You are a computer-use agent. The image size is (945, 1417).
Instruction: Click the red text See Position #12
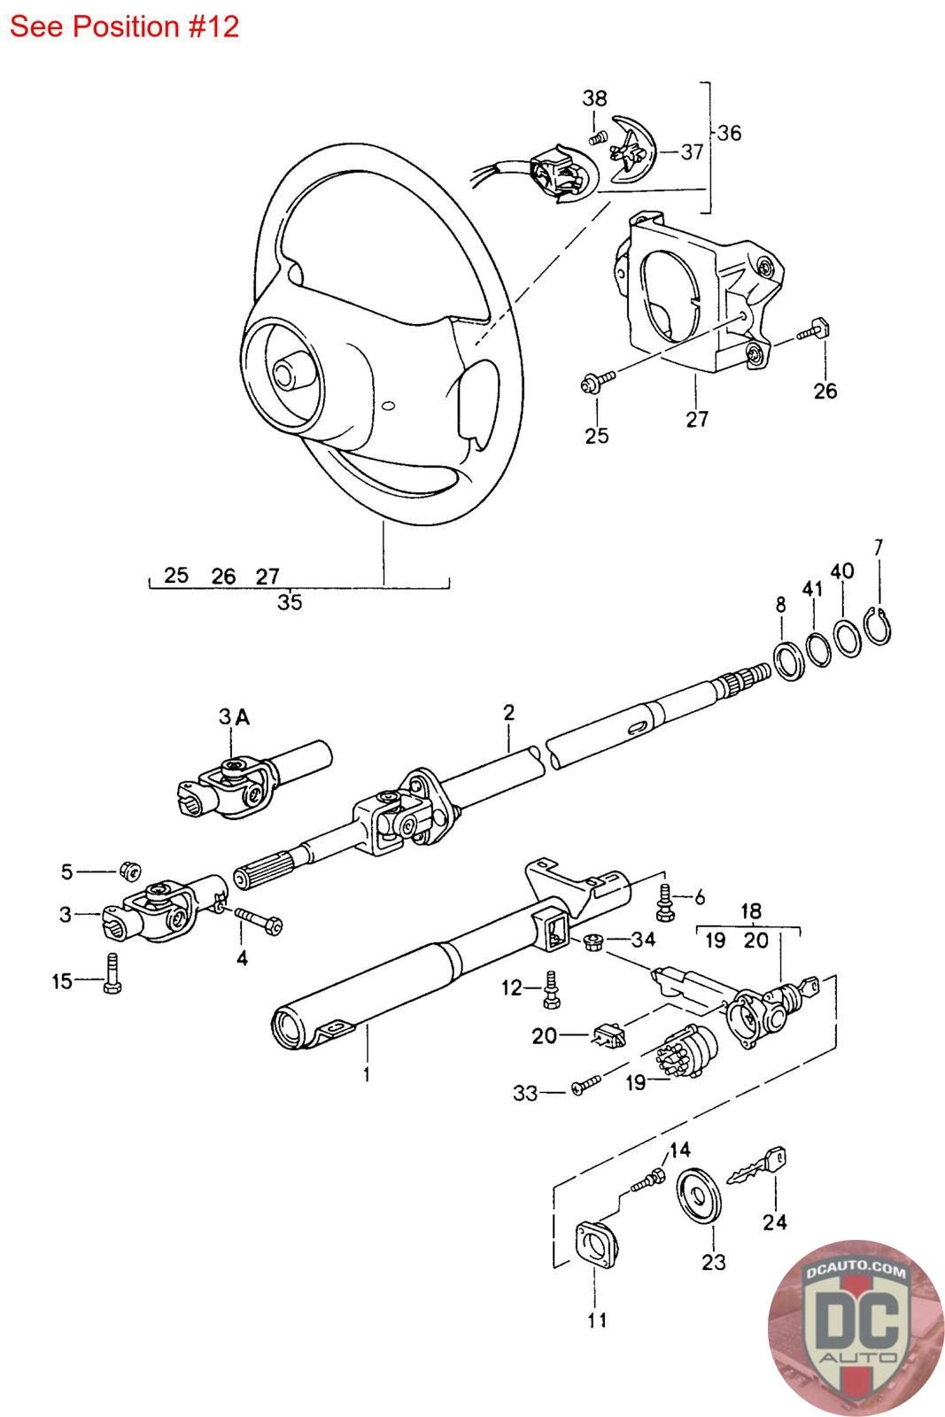point(124,27)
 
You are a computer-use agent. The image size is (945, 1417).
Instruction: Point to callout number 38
point(594,98)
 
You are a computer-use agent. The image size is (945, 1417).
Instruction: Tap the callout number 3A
point(234,717)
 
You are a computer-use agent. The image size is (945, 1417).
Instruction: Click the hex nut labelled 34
point(594,941)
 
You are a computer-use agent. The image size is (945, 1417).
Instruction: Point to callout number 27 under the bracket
point(697,418)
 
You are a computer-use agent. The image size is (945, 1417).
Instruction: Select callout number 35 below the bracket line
point(290,602)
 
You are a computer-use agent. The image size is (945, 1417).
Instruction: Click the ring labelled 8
point(787,660)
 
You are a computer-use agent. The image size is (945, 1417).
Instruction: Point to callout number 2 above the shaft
point(507,713)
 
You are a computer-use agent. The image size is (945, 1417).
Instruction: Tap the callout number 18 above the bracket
point(750,911)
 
